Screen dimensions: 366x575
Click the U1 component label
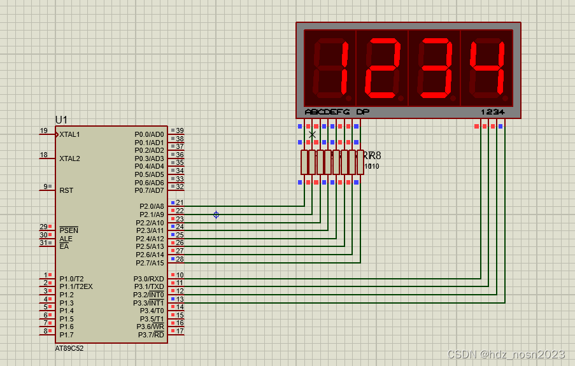click(61, 120)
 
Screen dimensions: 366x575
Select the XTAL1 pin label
click(69, 135)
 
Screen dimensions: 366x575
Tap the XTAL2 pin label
click(69, 158)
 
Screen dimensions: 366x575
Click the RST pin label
click(66, 190)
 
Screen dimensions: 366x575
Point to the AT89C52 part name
click(69, 348)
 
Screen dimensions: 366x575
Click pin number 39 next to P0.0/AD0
click(180, 130)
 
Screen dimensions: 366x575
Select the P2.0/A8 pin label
click(152, 207)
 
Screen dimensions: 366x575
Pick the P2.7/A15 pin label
click(150, 263)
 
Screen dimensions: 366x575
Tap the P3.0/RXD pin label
click(148, 279)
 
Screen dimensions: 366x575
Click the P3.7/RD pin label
click(150, 335)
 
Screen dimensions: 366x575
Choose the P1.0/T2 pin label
click(71, 279)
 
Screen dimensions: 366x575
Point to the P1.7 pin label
click(66, 335)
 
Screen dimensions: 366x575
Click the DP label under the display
click(362, 112)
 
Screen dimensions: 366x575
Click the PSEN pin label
click(69, 230)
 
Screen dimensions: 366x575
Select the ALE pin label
click(66, 239)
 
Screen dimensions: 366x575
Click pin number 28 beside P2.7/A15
click(180, 259)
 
